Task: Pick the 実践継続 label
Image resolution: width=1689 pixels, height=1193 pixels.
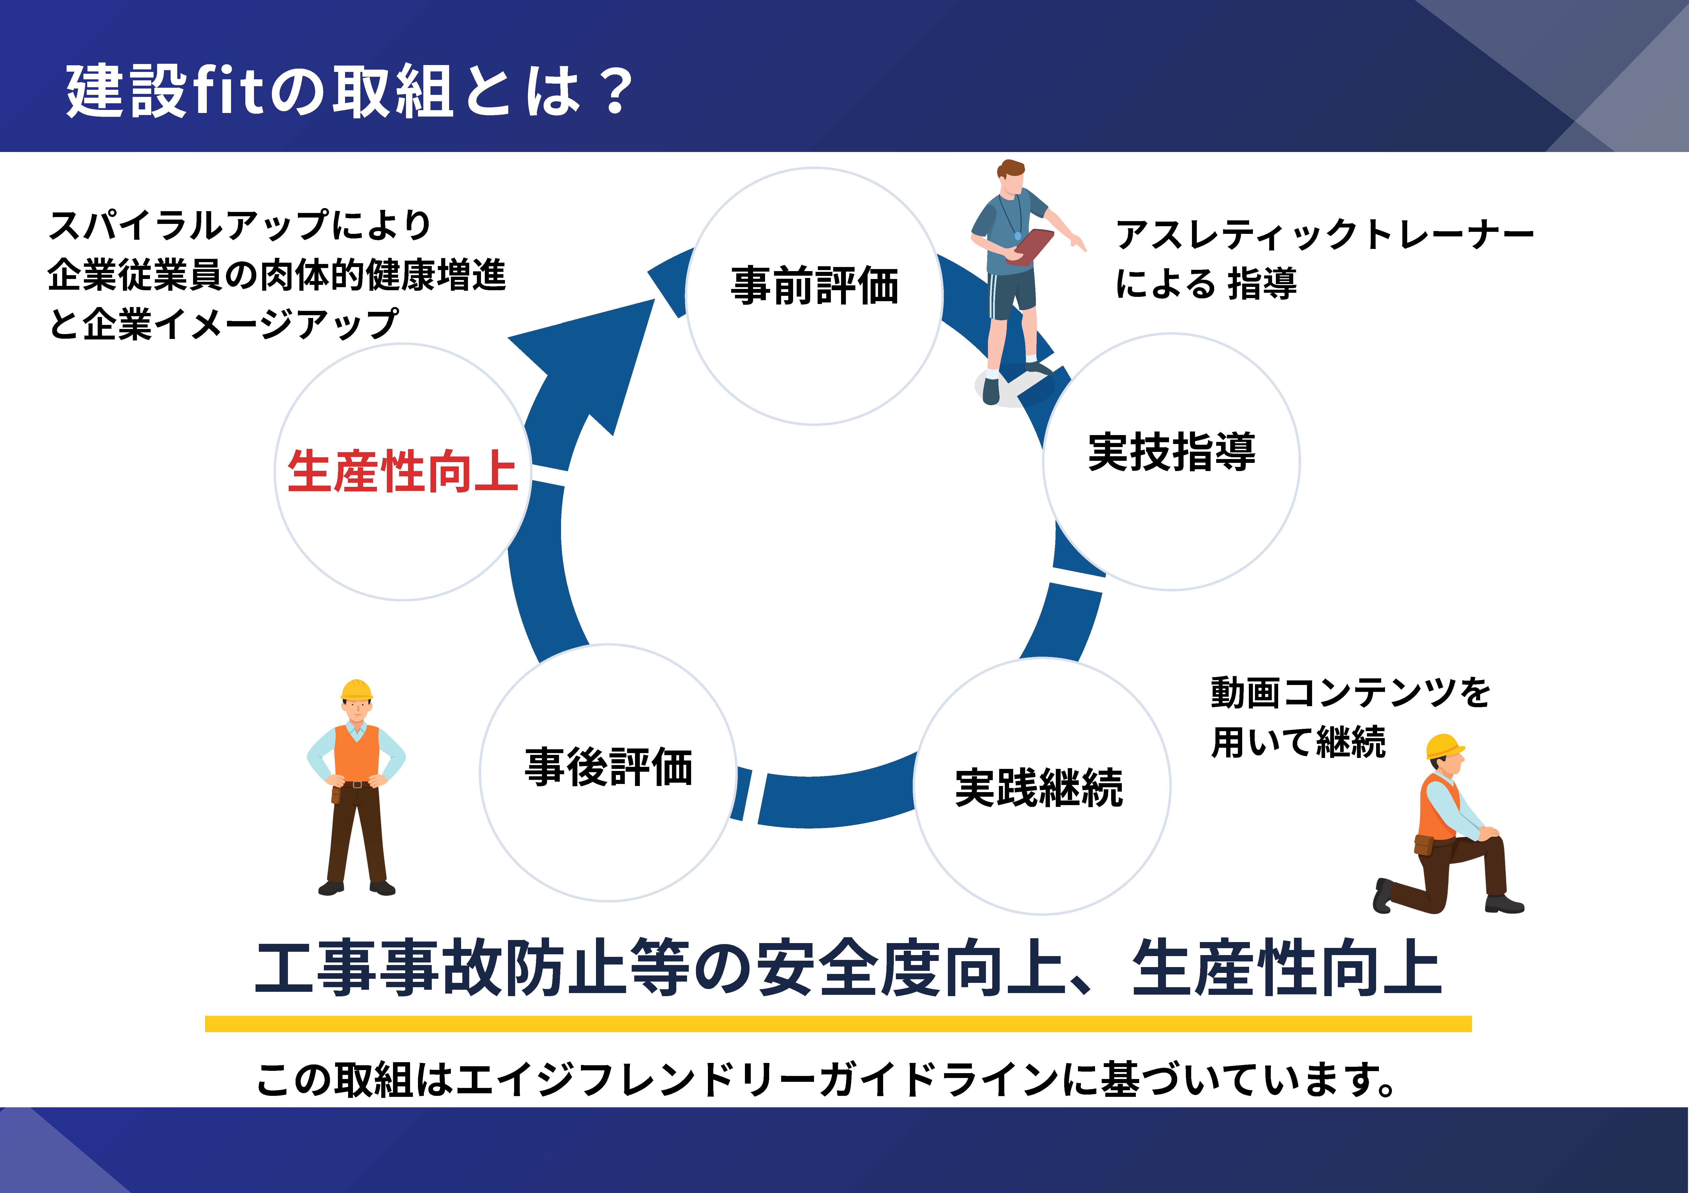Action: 1039,788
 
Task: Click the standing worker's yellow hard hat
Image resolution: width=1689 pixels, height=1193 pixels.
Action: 357,690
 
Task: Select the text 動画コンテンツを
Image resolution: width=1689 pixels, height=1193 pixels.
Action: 1350,693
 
